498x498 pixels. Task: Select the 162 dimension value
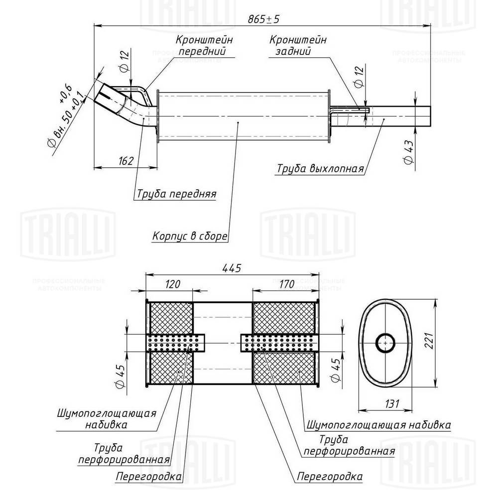(126, 161)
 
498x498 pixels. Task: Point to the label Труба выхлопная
(320, 168)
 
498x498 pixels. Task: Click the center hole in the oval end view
(385, 343)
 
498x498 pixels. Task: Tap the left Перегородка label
(148, 477)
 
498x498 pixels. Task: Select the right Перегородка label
(330, 477)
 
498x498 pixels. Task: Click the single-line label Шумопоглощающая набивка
(378, 425)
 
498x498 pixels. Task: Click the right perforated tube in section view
(279, 343)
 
